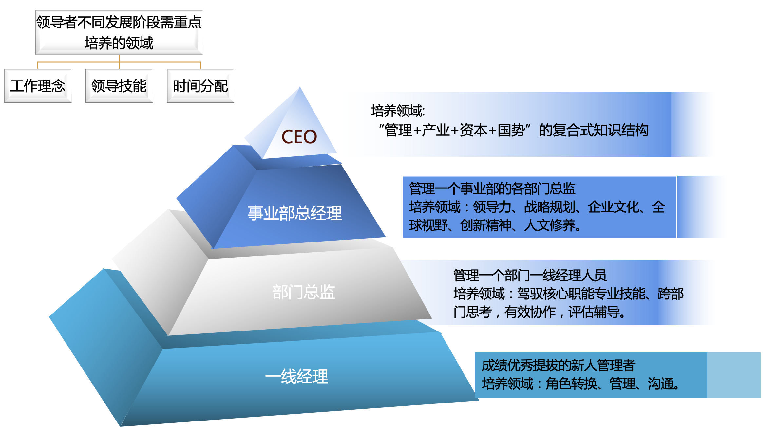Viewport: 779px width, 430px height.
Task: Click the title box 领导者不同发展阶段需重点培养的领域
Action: [119, 32]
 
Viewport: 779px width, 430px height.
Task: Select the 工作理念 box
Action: [38, 86]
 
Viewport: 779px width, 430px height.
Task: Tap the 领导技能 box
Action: [119, 86]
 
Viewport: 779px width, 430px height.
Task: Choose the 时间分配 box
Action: [200, 86]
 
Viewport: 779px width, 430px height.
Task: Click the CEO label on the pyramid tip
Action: [299, 137]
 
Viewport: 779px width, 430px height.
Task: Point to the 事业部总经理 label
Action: [294, 213]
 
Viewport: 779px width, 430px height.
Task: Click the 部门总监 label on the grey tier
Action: [304, 292]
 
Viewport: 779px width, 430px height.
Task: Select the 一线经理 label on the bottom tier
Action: [296, 376]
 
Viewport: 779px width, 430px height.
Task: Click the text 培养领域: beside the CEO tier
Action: [398, 111]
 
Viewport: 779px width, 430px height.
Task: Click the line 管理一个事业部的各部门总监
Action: [492, 189]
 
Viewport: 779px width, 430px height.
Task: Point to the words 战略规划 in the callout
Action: [550, 207]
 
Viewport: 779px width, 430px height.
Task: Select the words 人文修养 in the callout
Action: [550, 225]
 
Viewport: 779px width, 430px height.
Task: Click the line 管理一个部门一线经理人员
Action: [530, 276]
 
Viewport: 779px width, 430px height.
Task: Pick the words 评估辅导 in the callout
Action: [594, 312]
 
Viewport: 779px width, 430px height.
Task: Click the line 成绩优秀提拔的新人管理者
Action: [558, 366]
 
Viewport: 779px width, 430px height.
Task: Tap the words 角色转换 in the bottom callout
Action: [571, 384]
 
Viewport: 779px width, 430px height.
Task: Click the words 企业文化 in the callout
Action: [613, 207]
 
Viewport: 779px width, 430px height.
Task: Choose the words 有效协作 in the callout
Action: [530, 312]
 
